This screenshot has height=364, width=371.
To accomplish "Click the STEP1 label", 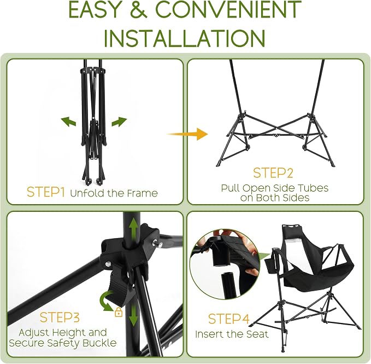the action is tap(45, 192).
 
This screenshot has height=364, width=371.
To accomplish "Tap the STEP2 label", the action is tap(273, 173).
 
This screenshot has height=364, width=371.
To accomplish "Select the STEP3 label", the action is tap(60, 317).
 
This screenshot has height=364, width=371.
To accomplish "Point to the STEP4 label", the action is tap(229, 319).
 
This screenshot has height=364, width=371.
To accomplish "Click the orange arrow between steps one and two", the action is tap(187, 134).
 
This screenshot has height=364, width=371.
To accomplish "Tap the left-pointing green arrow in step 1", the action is tap(69, 122).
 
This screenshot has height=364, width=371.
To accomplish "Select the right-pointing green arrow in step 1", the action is tap(119, 122).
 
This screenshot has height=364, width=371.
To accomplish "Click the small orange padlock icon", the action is tap(119, 313).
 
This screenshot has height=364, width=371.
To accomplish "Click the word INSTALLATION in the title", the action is tap(185, 38).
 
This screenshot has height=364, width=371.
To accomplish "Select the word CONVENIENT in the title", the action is tap(228, 9).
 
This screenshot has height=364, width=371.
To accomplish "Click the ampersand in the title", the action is tap(138, 9).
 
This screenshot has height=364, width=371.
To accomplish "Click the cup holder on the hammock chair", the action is tap(271, 265).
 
